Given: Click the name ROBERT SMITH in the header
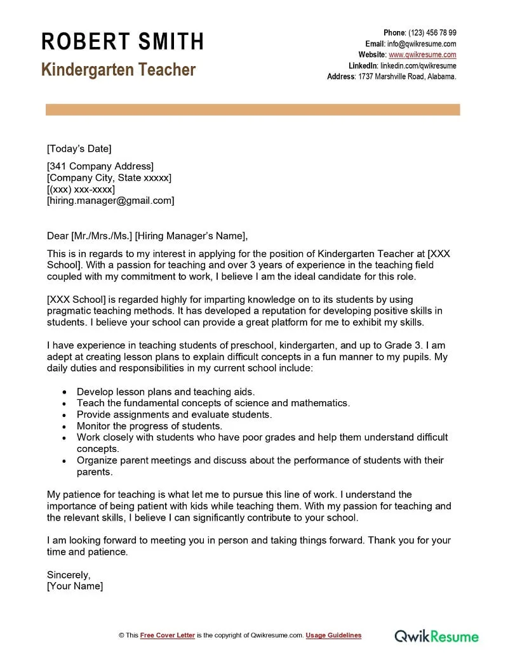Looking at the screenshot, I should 123,42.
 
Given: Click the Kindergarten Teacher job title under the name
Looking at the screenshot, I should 118,70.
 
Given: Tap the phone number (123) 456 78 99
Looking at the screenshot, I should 432,33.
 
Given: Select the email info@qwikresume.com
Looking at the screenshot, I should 422,44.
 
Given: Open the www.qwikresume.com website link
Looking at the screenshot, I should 422,55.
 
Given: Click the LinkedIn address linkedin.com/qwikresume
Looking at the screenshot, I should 418,65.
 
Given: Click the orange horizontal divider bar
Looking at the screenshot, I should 253,110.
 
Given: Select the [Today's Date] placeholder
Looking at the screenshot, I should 79,149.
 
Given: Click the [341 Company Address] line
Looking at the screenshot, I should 100,166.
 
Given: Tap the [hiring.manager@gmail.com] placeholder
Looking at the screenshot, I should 110,201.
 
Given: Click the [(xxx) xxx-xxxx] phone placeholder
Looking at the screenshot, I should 81,189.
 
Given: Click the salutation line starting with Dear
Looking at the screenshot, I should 147,236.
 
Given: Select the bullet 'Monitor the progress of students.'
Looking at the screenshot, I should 149,426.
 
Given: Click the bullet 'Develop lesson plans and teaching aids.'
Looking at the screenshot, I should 166,392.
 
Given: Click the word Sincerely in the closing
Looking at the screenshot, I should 69,574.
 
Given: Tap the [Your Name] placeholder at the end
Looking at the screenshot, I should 75,586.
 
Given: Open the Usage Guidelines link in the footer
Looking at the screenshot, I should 333,635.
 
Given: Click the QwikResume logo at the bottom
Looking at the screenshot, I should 437,635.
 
